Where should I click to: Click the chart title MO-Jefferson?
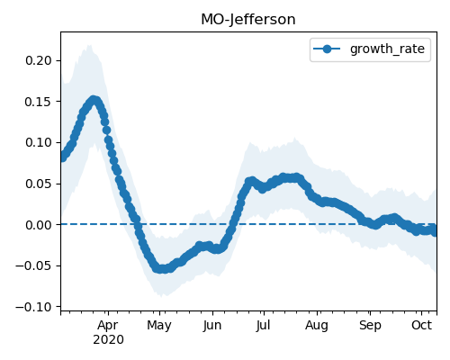(x=248, y=20)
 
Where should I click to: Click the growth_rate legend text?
(x=387, y=49)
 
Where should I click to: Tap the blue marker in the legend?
(x=327, y=49)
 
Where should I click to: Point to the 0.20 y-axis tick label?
(x=39, y=60)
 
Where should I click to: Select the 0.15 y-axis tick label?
(x=39, y=102)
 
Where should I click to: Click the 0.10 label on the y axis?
(x=39, y=142)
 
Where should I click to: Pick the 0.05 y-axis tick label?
(x=39, y=184)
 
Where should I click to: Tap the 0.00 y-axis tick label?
(x=39, y=225)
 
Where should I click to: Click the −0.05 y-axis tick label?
(x=34, y=265)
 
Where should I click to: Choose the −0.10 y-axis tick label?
(x=34, y=307)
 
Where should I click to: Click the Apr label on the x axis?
(x=108, y=326)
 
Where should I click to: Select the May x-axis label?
(x=159, y=326)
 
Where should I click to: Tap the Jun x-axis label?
(x=212, y=326)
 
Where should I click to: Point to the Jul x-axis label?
(x=264, y=326)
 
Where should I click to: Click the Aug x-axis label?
(x=317, y=326)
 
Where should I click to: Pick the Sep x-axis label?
(x=370, y=326)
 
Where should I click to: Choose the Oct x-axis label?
(x=422, y=325)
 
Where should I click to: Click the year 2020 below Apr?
(x=108, y=340)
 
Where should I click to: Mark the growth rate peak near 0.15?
(x=94, y=100)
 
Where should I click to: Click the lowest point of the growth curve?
(x=161, y=269)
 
